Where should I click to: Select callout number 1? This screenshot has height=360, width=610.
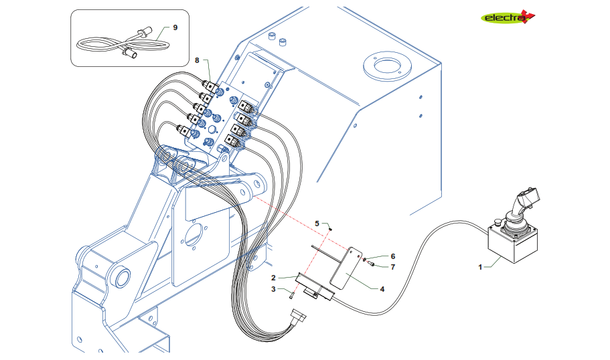point(480,267)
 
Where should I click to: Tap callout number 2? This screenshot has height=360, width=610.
point(274,277)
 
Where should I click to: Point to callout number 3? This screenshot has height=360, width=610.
point(274,289)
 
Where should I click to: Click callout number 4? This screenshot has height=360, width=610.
point(382,290)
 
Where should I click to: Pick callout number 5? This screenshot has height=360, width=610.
point(318,223)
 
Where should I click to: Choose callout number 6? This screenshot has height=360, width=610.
point(393,256)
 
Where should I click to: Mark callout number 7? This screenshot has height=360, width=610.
point(393,266)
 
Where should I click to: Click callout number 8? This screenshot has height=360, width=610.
point(197,60)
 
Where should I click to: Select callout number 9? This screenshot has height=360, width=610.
point(175,27)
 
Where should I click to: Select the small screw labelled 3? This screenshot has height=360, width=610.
point(293,295)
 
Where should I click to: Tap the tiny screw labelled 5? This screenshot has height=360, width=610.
point(331,229)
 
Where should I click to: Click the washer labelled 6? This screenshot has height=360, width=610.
point(366,260)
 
